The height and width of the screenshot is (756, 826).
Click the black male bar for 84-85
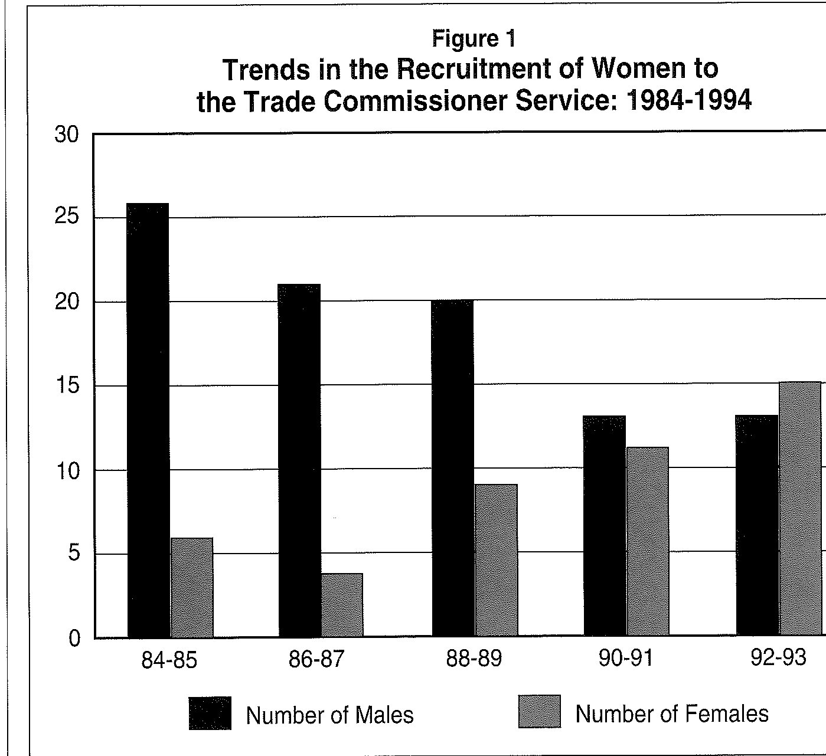tap(148, 420)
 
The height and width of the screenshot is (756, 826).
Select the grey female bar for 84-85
tap(192, 588)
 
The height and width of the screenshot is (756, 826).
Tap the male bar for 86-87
tap(299, 461)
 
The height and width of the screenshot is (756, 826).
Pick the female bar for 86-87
tap(342, 605)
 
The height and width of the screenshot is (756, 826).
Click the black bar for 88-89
tap(453, 468)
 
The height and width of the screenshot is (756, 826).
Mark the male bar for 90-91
tap(605, 526)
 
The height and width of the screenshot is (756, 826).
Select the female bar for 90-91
tap(648, 541)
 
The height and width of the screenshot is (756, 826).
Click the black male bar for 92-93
tap(757, 525)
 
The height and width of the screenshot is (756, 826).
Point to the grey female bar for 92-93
tap(800, 509)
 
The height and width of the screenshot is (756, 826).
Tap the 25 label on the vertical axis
tap(66, 216)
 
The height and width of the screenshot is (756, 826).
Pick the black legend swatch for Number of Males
tap(210, 713)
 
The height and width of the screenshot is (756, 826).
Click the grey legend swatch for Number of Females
tap(540, 712)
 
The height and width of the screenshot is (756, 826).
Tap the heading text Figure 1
tap(474, 39)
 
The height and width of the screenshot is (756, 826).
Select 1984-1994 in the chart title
tap(688, 101)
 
